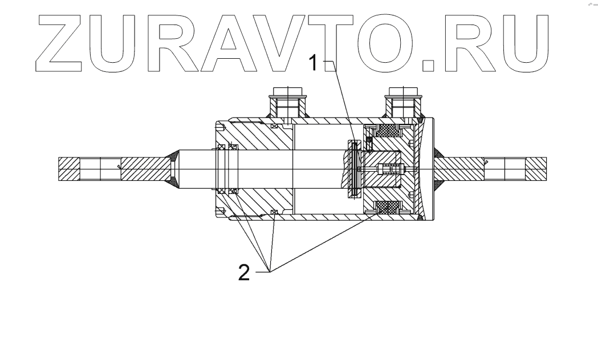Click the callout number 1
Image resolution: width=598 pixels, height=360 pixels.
pos(313,63)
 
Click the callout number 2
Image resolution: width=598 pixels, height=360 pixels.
pos(244,273)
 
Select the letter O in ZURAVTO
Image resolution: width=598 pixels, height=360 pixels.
pos(385,43)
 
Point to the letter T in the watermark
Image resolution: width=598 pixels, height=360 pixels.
pos(329,43)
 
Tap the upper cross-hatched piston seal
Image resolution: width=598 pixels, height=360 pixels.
pos(388,131)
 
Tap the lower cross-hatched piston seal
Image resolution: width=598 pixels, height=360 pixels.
pos(388,208)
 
